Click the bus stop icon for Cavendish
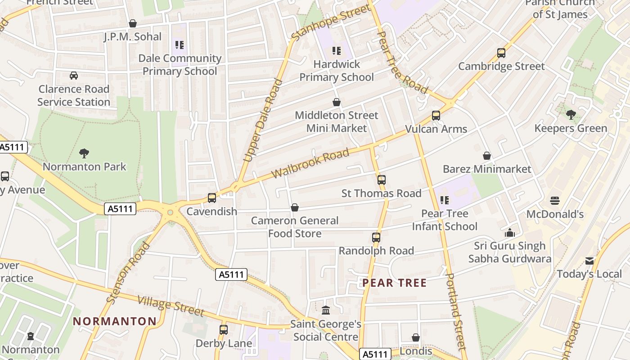pyautogui.click(x=211, y=198)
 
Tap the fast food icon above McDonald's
pyautogui.click(x=555, y=200)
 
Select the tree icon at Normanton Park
pyautogui.click(x=84, y=153)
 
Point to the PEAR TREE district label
pyautogui.click(x=394, y=283)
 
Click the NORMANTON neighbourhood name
pyautogui.click(x=115, y=321)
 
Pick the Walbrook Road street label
pyautogui.click(x=310, y=163)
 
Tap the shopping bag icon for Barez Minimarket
pyautogui.click(x=486, y=156)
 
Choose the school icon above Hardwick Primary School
pyautogui.click(x=336, y=51)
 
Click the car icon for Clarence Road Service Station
pyautogui.click(x=74, y=76)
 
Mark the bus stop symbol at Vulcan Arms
pyautogui.click(x=436, y=116)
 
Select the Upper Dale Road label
pyautogui.click(x=263, y=120)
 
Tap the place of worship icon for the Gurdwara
pyautogui.click(x=509, y=233)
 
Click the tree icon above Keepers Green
pyautogui.click(x=571, y=115)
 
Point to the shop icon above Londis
pyautogui.click(x=415, y=337)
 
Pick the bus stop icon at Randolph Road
pyautogui.click(x=376, y=237)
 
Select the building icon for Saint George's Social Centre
pyautogui.click(x=326, y=310)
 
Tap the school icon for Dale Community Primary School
pyautogui.click(x=179, y=45)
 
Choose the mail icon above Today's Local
pyautogui.click(x=589, y=261)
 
